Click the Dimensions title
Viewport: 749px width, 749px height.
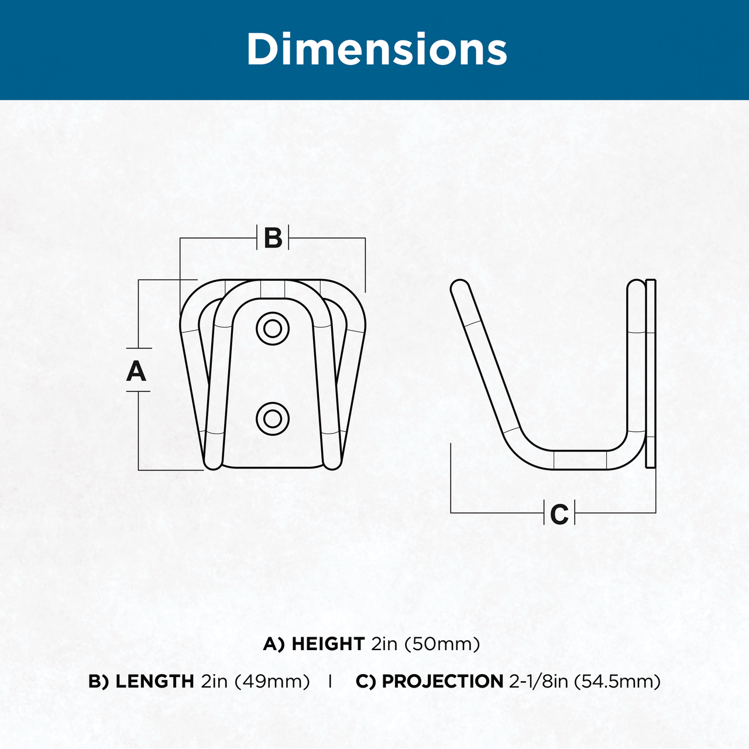[x=377, y=49]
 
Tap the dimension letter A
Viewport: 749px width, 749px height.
[x=136, y=371]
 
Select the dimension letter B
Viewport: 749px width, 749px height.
[x=273, y=238]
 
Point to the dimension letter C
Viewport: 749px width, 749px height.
[x=559, y=514]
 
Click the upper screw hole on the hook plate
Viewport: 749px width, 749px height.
[x=273, y=329]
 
